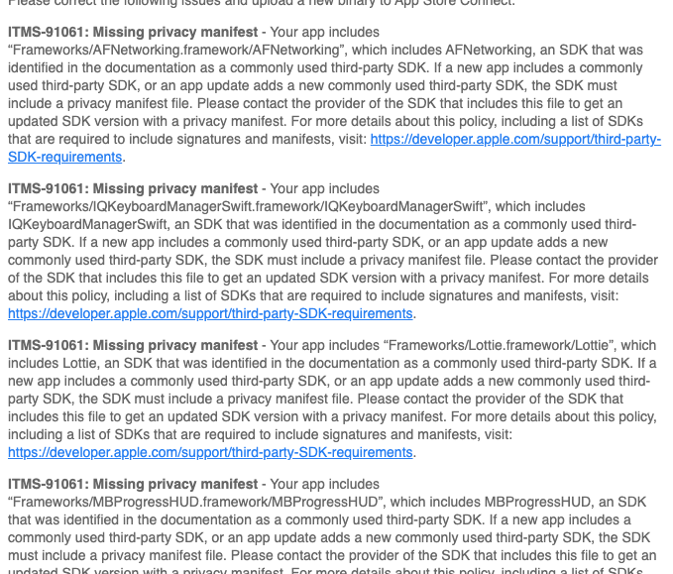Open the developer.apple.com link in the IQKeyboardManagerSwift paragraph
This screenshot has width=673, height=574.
coord(210,314)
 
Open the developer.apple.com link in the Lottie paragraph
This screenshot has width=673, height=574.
coord(210,453)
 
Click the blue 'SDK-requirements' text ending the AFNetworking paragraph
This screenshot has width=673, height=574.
coord(64,158)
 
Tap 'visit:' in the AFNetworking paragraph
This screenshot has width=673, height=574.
coord(348,140)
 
